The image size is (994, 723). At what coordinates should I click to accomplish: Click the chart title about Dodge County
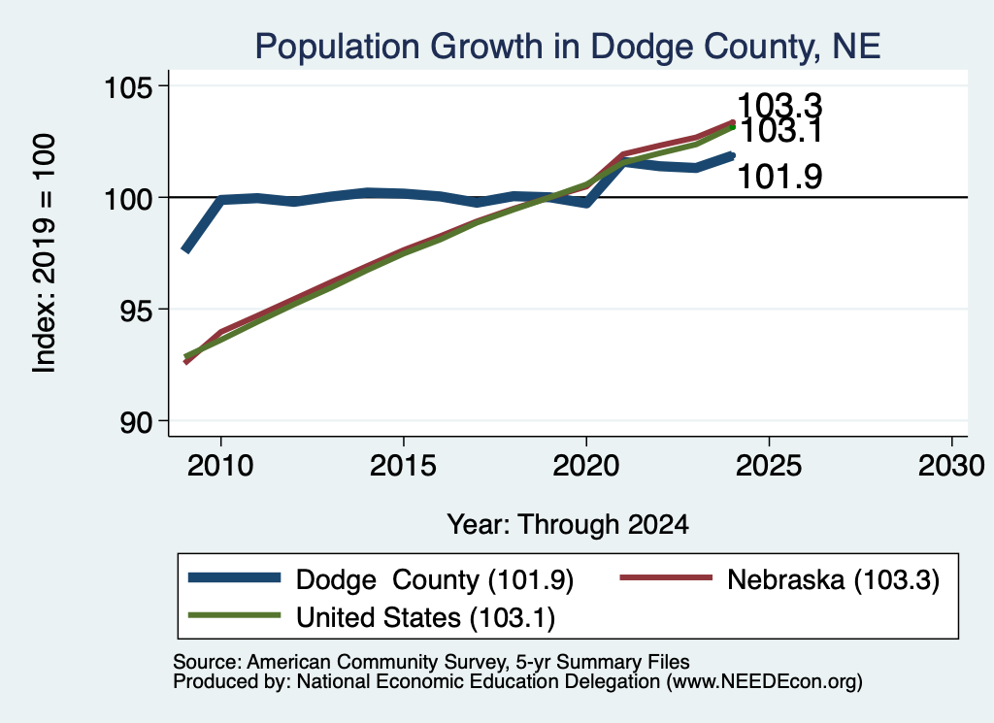tap(567, 47)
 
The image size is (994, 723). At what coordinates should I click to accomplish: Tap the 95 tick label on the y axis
tap(138, 310)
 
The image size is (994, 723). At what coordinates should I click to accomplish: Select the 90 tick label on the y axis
tap(138, 421)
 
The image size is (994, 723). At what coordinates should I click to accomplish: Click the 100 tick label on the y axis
tap(129, 198)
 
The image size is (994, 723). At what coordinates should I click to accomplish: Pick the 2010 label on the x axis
tap(220, 466)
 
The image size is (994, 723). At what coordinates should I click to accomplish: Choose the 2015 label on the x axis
tap(403, 466)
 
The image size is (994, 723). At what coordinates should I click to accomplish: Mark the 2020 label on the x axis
tap(585, 466)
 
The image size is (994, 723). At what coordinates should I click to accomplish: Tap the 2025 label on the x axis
tap(769, 466)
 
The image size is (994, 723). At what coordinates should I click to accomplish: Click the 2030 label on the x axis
tap(951, 466)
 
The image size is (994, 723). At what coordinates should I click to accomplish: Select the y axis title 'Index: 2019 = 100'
tap(45, 253)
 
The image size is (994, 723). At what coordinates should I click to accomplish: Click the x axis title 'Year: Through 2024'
tap(568, 525)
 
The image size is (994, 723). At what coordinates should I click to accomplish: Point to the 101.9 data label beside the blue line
tap(779, 177)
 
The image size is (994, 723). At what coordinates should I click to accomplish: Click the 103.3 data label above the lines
tap(779, 104)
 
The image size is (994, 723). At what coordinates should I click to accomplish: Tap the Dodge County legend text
tap(435, 579)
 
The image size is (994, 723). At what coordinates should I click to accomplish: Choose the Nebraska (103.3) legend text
tap(833, 579)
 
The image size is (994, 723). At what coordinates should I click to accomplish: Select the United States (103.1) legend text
tap(425, 618)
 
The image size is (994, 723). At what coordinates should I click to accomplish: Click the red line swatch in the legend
tap(666, 577)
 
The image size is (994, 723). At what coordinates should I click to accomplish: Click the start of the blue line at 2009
tap(185, 250)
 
